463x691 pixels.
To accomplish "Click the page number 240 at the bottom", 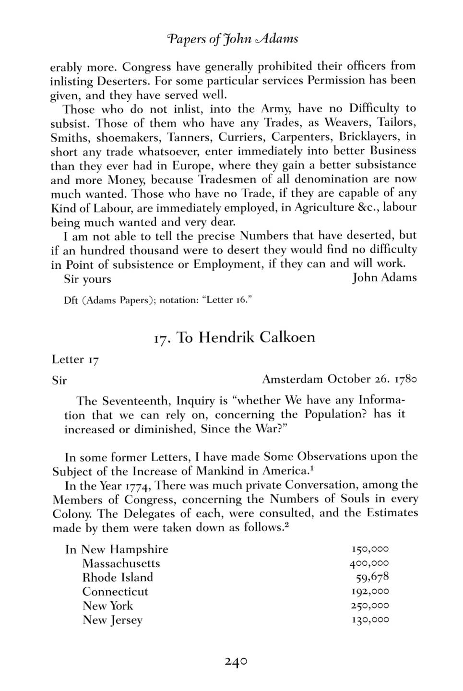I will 236,662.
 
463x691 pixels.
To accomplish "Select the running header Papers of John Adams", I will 232,38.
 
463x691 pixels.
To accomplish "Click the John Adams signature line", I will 384,278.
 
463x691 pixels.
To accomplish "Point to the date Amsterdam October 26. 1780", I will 339,380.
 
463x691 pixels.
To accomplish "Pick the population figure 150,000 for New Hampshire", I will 369,549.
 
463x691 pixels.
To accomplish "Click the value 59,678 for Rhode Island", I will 372,577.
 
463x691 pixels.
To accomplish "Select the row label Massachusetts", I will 121,563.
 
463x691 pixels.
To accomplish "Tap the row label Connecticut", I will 115,592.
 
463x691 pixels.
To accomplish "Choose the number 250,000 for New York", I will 369,606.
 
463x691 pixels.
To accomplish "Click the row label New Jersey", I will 112,620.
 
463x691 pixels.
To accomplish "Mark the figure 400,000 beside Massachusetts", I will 369,563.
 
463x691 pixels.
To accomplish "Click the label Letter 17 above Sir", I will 75,360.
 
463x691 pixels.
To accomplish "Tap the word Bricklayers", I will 368,137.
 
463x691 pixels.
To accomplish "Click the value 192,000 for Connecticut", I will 369,592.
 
